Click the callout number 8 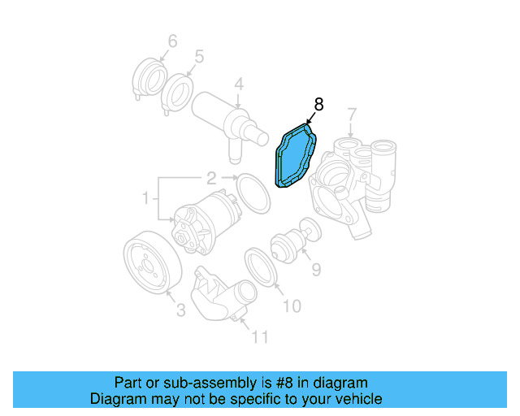[x=318, y=104]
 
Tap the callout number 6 [x=172, y=41]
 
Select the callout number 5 [x=199, y=57]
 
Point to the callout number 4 [x=239, y=84]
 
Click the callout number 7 [x=352, y=115]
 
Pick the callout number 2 [x=210, y=178]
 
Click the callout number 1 [x=146, y=197]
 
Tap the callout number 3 [x=180, y=309]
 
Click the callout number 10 [x=291, y=305]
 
